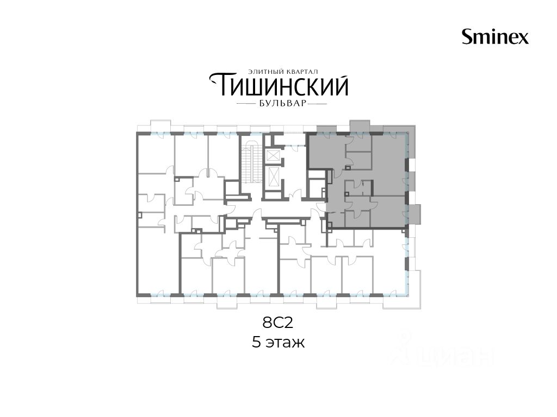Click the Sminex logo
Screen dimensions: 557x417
point(495,37)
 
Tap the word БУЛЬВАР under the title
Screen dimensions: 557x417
point(281,104)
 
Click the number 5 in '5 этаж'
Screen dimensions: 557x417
point(257,343)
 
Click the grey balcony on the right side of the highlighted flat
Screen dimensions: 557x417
point(416,214)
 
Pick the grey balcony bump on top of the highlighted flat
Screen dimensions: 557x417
point(360,127)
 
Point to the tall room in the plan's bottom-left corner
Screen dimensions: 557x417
point(158,261)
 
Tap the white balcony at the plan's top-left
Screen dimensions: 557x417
point(160,126)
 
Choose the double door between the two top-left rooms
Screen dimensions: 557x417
point(208,173)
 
